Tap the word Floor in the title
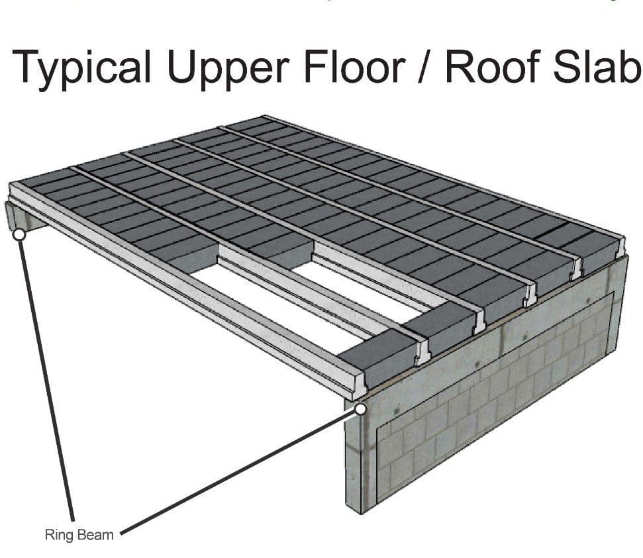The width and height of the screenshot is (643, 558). (x=355, y=66)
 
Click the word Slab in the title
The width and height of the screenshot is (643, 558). (x=597, y=66)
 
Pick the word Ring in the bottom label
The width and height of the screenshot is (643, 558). (x=59, y=535)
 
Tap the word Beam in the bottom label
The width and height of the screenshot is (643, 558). (x=95, y=535)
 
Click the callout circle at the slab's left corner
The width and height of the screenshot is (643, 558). (x=19, y=234)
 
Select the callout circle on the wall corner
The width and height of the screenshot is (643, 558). (x=361, y=409)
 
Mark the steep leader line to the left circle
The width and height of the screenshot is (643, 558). (x=47, y=380)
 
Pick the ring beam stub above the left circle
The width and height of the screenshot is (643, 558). (x=25, y=216)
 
